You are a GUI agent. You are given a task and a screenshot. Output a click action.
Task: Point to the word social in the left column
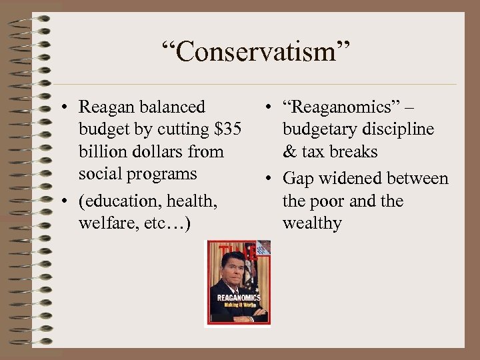point(97,174)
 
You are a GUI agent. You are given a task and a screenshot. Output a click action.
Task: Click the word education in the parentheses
point(122,201)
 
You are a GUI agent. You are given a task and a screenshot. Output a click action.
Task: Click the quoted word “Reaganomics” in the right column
point(337,107)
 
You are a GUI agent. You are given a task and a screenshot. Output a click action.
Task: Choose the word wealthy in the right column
point(312,223)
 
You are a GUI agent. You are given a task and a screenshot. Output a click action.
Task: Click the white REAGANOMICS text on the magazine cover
point(237,298)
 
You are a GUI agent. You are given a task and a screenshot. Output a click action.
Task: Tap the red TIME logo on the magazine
point(238,252)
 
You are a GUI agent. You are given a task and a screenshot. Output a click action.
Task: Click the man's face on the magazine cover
point(233,267)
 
